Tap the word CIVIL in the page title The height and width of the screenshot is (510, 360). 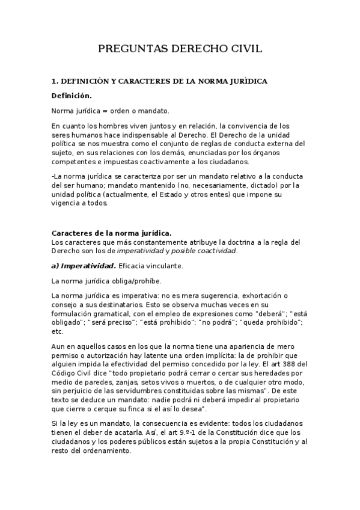tap(243, 49)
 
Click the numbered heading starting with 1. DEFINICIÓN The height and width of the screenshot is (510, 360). tap(159, 81)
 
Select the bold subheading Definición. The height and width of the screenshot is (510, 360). tap(72, 96)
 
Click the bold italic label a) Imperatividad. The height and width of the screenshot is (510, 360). tap(84, 265)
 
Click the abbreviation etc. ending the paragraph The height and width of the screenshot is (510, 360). tap(58, 331)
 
